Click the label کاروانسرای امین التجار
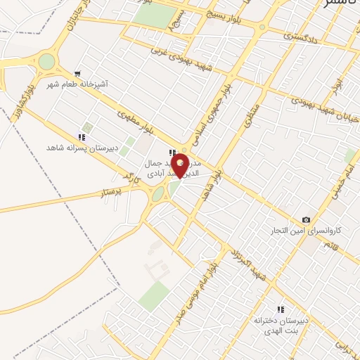[307, 231]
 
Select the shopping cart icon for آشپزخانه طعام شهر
[77, 72]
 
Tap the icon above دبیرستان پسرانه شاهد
[82, 137]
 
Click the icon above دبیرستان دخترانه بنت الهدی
[281, 309]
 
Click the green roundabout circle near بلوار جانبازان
[46, 62]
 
